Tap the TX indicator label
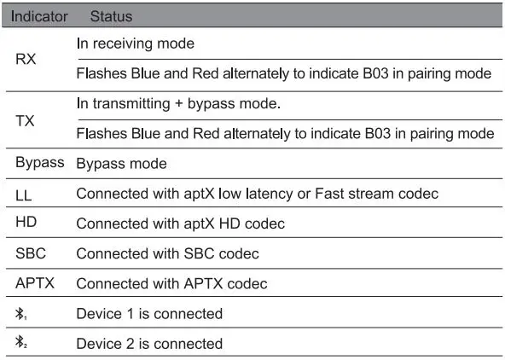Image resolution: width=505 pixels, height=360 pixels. click(26, 119)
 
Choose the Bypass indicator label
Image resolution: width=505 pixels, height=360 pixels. click(40, 162)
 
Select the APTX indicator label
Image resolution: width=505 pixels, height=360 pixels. click(35, 283)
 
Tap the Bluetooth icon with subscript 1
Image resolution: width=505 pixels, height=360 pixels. click(21, 314)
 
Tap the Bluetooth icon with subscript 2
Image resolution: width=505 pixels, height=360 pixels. click(21, 344)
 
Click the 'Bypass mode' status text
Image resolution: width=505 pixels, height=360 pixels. click(121, 163)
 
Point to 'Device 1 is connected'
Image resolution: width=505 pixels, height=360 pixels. click(149, 314)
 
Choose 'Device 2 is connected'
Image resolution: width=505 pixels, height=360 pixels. click(149, 344)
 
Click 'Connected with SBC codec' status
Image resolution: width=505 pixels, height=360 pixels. click(167, 253)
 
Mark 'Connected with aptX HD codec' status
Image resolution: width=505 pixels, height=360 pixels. click(180, 224)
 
